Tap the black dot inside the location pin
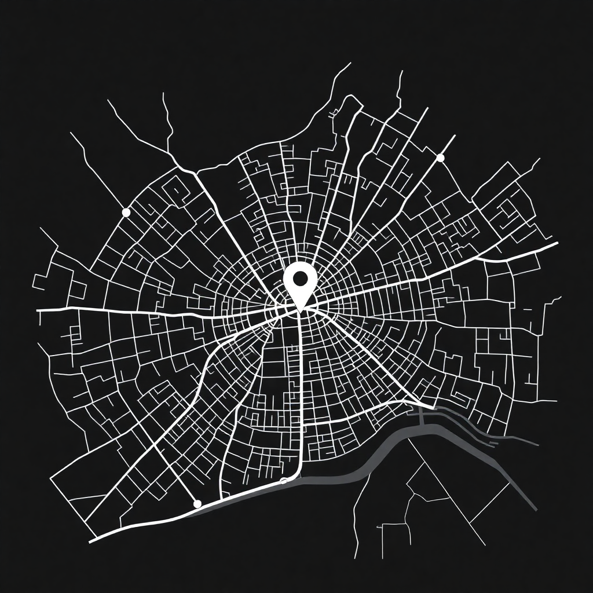click(300, 279)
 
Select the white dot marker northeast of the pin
click(440, 158)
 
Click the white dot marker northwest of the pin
click(126, 213)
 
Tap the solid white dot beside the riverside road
click(197, 504)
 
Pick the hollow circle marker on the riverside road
click(283, 481)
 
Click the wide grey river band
click(371, 460)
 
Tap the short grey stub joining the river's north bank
click(421, 415)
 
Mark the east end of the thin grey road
click(537, 445)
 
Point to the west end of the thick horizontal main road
click(38, 310)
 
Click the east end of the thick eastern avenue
click(557, 244)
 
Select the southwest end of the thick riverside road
click(91, 542)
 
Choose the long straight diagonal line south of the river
click(446, 492)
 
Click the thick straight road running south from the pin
click(302, 394)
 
